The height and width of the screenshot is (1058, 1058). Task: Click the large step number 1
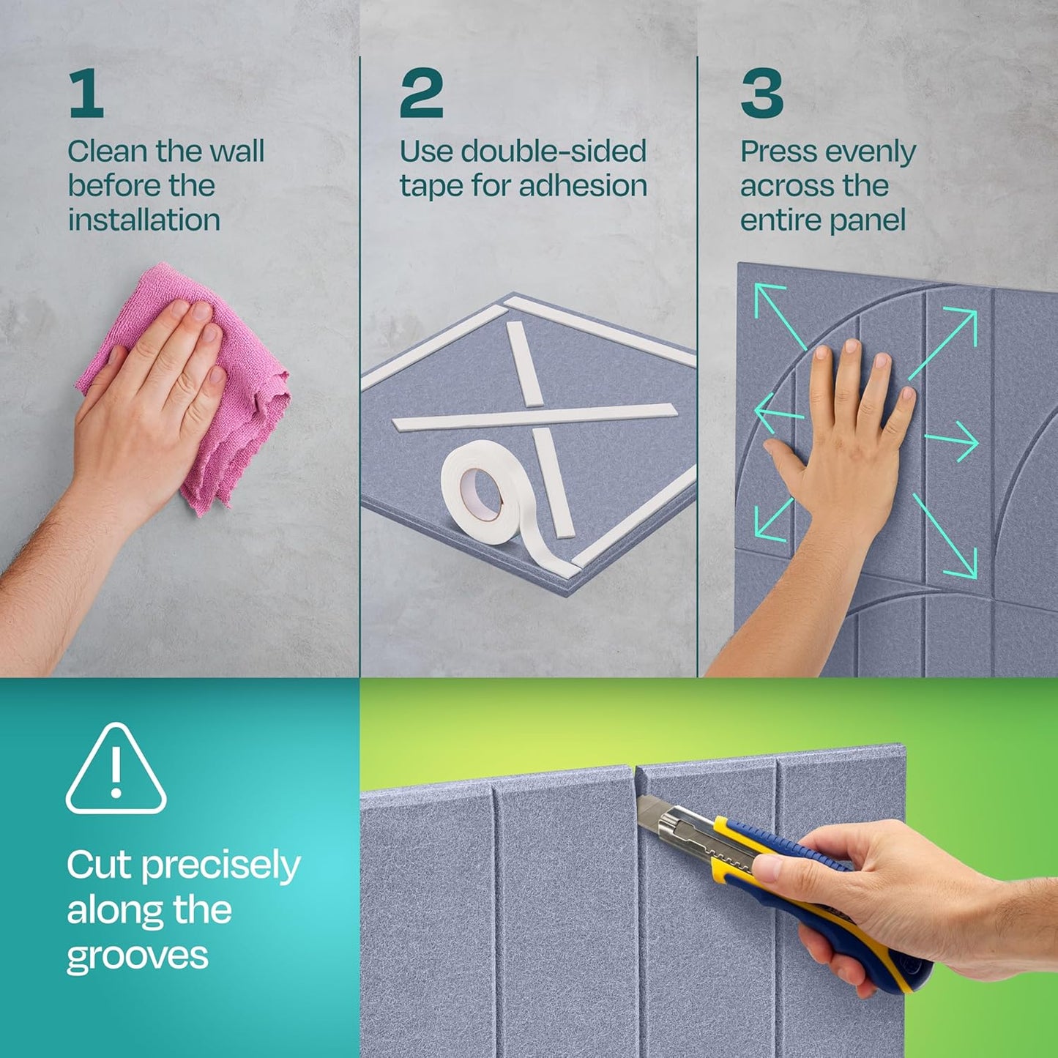tap(86, 93)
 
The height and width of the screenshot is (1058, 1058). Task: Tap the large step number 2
tap(421, 93)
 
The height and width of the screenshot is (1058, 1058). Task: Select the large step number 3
tap(761, 93)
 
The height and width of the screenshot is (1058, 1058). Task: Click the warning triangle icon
tap(116, 770)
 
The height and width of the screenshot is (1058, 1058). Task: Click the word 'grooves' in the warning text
tap(138, 957)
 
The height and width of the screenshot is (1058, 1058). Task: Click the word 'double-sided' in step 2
tap(554, 152)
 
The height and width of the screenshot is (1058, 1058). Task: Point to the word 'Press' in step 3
tap(779, 152)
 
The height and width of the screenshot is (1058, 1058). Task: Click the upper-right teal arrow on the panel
tap(945, 341)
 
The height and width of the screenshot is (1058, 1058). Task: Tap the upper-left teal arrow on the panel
tap(779, 315)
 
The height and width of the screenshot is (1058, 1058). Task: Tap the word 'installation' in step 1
tap(144, 220)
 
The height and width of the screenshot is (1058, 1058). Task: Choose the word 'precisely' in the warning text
tap(220, 866)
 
